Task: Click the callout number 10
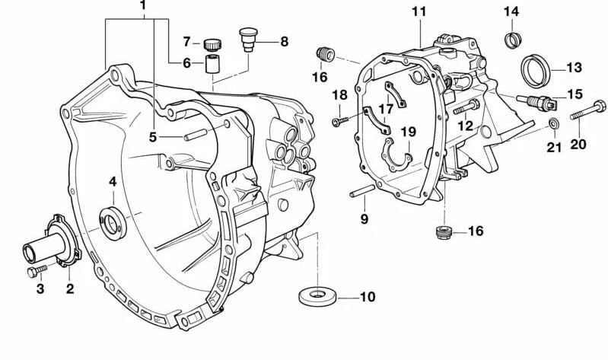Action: coord(367,297)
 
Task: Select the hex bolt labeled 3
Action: coord(36,271)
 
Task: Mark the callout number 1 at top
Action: coord(143,8)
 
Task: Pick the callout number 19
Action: coord(409,132)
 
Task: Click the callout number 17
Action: coord(386,108)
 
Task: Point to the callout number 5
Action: coord(153,138)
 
